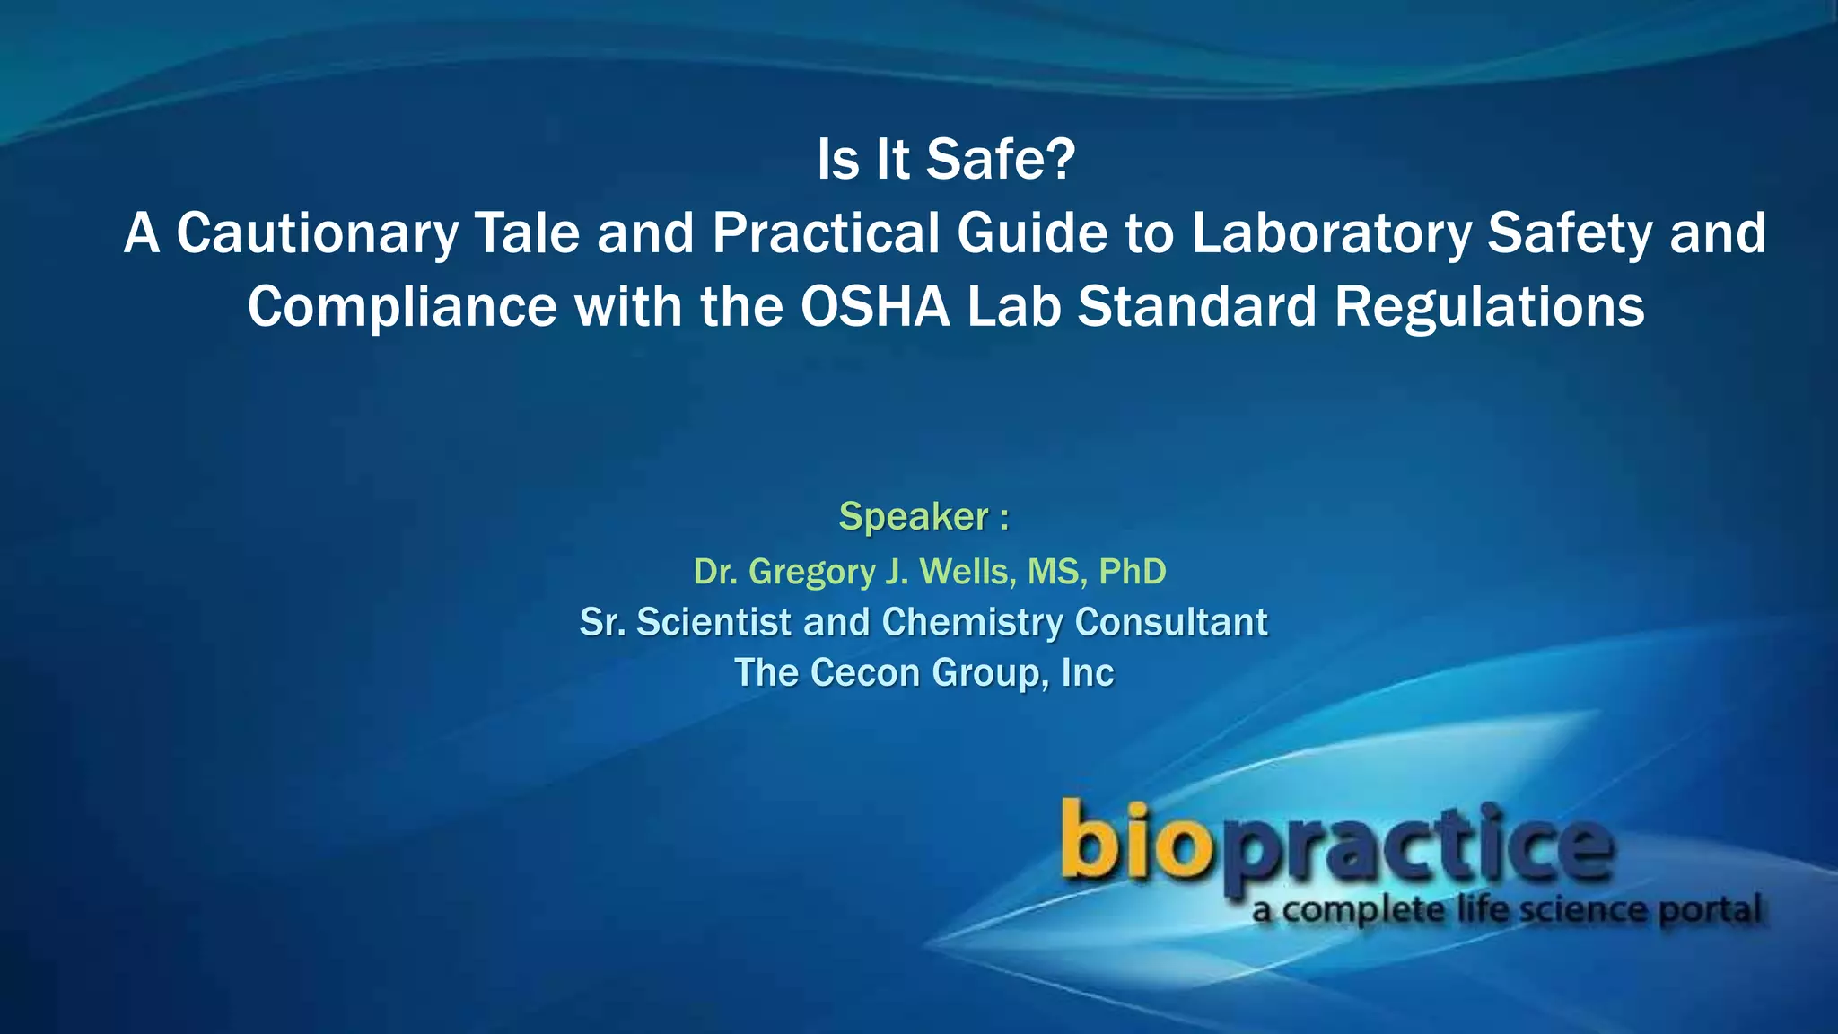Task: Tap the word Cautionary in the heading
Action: coord(317,233)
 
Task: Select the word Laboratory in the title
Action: coord(1332,233)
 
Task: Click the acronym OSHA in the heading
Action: coord(875,307)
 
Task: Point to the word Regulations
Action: coord(1489,307)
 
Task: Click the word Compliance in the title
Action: coord(402,307)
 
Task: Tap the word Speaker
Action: coord(913,517)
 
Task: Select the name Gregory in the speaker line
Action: coord(811,573)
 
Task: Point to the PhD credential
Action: coord(1133,572)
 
